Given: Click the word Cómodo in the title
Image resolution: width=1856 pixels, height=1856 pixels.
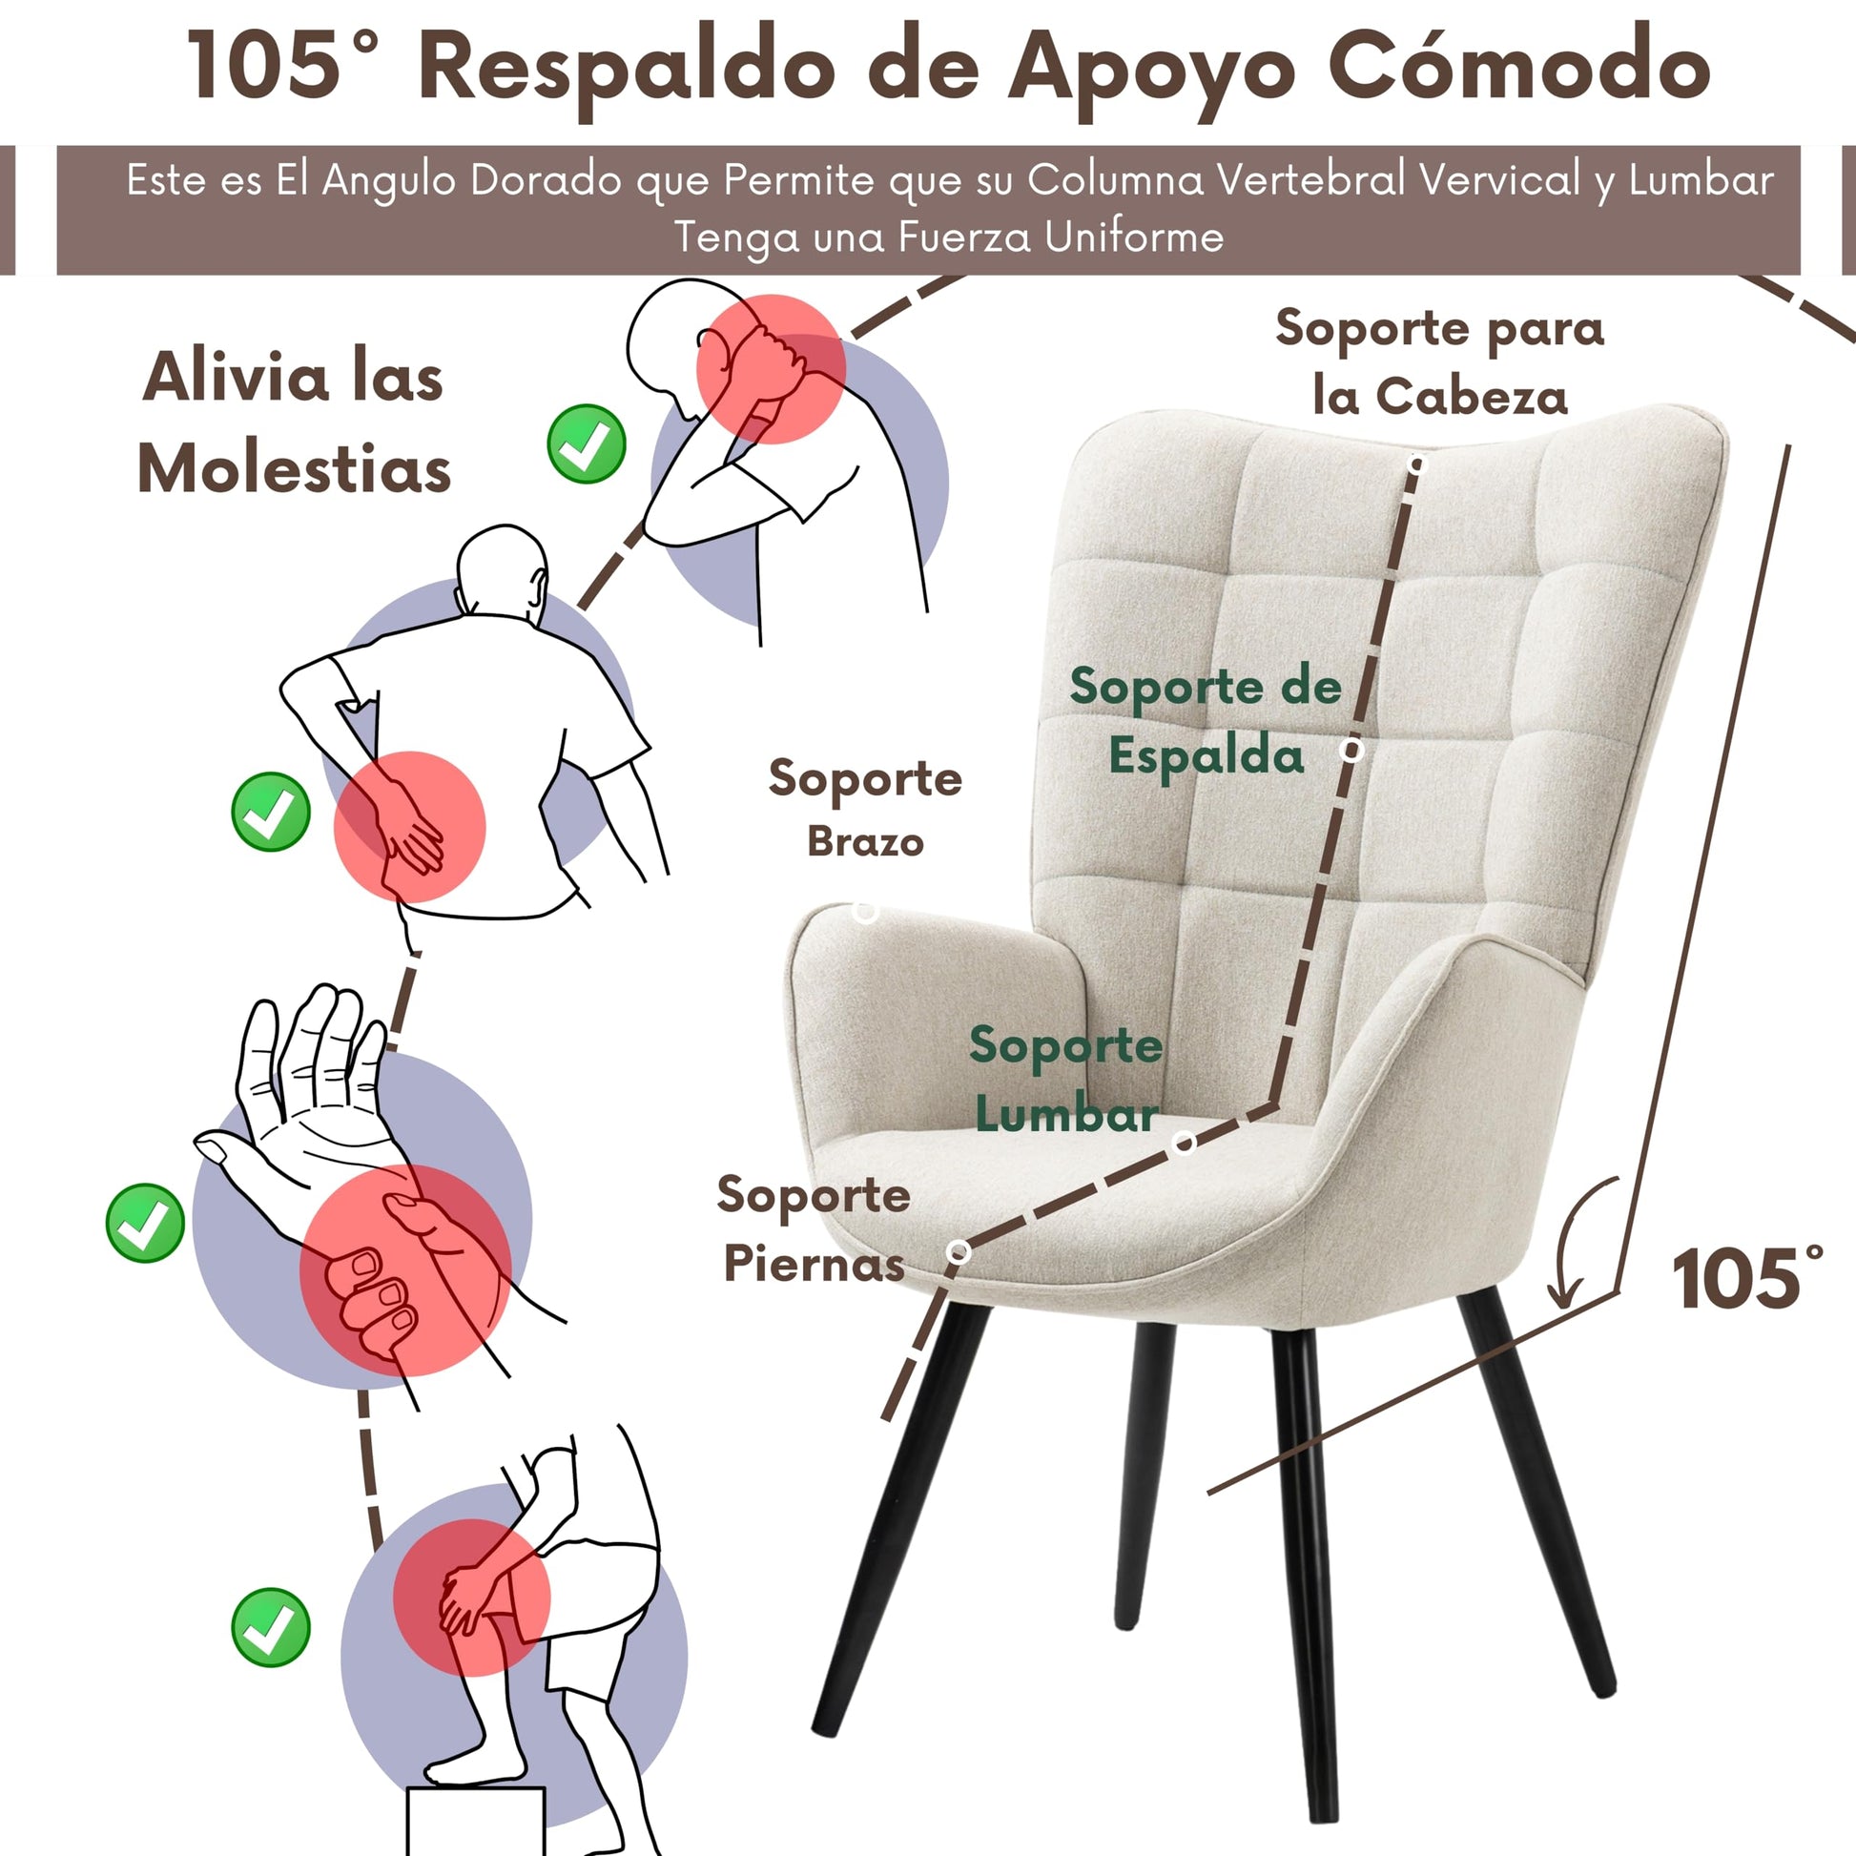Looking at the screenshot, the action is tap(1519, 64).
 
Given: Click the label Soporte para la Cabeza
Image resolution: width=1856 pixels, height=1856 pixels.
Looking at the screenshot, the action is tap(1440, 363).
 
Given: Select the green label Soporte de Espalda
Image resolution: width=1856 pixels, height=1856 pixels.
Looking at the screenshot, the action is tap(1206, 720).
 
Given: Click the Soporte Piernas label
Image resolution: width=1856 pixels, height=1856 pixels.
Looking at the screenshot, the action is tap(814, 1228).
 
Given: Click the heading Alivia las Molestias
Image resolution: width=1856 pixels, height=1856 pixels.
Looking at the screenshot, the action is tap(294, 423).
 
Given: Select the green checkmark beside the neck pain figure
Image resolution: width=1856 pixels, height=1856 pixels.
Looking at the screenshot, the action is tap(586, 443).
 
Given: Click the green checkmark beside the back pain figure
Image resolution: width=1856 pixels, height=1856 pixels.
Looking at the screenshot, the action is tap(271, 812).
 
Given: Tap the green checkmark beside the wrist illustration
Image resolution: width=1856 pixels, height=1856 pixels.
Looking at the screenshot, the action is tap(145, 1223).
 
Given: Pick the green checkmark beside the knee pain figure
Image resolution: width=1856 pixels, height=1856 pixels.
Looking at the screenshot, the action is tap(271, 1627).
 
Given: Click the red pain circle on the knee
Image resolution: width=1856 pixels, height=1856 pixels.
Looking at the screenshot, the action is tap(472, 1598).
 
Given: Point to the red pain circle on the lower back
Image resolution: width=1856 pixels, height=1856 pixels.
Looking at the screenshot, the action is tap(409, 827).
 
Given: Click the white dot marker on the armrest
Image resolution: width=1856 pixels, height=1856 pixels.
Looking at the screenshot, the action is tap(866, 912).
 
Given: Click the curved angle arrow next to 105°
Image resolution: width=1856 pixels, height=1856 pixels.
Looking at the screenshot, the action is tap(1579, 1239).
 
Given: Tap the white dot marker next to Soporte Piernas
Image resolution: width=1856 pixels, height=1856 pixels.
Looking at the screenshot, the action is tap(958, 1251).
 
